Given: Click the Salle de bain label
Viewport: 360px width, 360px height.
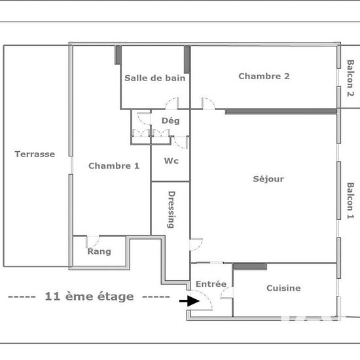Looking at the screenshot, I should (x=155, y=78).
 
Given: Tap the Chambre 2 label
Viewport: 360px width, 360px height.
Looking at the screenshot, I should (x=264, y=76).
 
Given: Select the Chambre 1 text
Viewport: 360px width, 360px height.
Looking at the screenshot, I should (x=114, y=166).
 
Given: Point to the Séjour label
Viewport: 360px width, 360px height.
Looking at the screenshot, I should (x=268, y=179).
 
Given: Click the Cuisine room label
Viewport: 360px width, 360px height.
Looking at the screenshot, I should (x=283, y=288).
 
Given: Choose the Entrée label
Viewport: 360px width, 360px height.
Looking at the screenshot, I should (x=211, y=284).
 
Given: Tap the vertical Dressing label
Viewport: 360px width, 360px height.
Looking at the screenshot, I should (x=171, y=209).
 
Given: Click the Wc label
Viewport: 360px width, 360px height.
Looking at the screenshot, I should (x=171, y=161).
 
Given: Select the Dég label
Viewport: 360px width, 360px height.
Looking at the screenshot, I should (x=170, y=120).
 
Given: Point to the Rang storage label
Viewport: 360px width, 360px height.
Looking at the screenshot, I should (x=99, y=251).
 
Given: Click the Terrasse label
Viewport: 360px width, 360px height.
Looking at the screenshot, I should (x=35, y=154).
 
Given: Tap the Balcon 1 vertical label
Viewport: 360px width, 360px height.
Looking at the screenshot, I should (x=350, y=200).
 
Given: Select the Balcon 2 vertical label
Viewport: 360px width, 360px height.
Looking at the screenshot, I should (x=350, y=79).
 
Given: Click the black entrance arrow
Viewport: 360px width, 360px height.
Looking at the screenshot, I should (x=190, y=301).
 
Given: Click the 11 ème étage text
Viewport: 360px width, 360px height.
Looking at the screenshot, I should (x=89, y=297).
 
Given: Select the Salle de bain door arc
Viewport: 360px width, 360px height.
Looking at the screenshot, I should (x=171, y=103).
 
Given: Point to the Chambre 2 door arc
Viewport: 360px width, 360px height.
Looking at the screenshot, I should (x=208, y=103).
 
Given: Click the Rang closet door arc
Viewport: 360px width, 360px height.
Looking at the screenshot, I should (x=93, y=240).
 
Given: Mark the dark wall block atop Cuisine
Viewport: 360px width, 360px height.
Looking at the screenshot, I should (x=249, y=266).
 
